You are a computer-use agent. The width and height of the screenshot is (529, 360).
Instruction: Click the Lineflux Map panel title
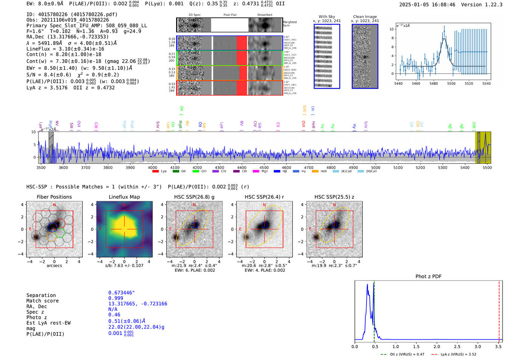coord(124,197)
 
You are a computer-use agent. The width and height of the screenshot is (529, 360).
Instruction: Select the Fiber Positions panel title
coord(54,197)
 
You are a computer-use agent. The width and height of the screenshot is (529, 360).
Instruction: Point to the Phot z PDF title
coord(428,277)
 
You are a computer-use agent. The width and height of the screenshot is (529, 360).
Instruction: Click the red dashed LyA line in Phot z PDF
coord(499,310)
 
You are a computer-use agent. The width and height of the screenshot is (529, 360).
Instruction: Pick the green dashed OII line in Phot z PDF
coord(374,310)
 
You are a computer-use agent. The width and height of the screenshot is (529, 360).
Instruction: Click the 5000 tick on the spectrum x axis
coord(376,168)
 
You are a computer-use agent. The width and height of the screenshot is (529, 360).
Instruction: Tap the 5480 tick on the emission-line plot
coord(433,83)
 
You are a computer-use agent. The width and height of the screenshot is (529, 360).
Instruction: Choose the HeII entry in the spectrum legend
coord(323,172)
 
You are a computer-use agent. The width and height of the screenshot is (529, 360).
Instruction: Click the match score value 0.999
coord(116,298)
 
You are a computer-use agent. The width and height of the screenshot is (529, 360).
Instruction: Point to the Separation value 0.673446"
coord(121,293)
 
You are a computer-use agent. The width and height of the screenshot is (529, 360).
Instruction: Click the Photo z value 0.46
coord(114,315)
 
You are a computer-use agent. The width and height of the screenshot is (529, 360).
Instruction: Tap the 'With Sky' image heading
coord(326,17)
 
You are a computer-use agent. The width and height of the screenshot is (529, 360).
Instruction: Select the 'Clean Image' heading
coord(365,17)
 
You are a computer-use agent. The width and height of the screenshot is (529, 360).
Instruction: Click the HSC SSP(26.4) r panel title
coord(264,197)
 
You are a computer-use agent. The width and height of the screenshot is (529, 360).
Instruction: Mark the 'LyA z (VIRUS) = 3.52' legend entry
coord(458,354)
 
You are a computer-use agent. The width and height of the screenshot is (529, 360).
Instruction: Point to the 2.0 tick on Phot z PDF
coord(437,346)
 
